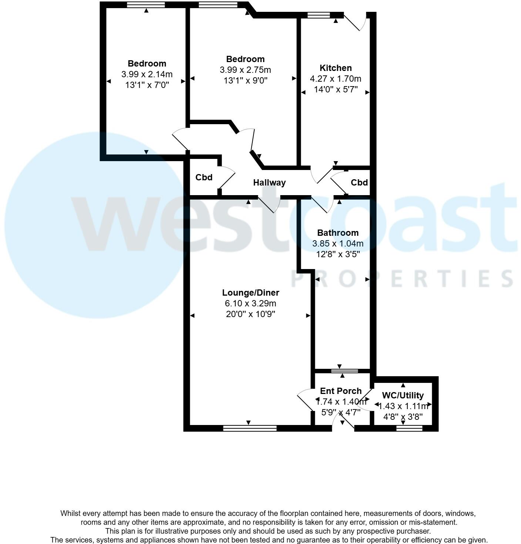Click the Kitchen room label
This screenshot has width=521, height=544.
pos(336,68)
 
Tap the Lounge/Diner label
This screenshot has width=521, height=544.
pos(251,293)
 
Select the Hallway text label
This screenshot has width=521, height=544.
pos(269,183)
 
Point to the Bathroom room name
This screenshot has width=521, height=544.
pos(338,233)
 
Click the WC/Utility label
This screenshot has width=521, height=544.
pos(403,395)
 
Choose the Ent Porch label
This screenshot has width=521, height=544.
pos(341,391)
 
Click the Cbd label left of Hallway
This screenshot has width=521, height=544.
pos(204,177)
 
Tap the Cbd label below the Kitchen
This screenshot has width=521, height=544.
pos(359,183)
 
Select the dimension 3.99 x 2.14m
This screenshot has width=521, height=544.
pos(147,74)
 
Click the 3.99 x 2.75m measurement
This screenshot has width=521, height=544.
pos(245,70)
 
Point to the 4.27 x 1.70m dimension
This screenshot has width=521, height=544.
pos(336,79)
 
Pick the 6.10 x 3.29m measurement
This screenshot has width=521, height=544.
pos(251,304)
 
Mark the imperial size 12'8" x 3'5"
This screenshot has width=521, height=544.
pos(338,254)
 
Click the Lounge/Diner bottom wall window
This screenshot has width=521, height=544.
pos(250,428)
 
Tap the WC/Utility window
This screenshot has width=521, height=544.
pos(409,428)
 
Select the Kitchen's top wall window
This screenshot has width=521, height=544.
pos(319,15)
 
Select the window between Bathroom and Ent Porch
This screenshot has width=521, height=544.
pos(344,371)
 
